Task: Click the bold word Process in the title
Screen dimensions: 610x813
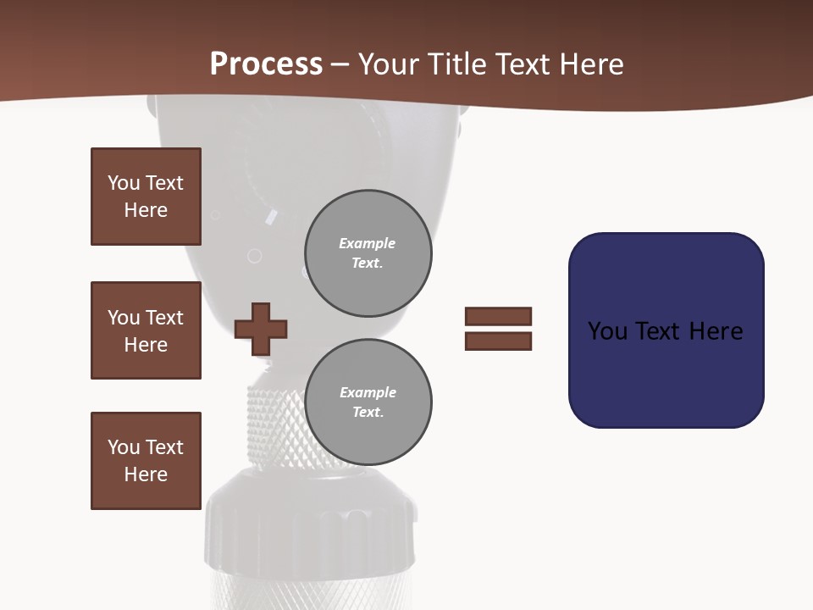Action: click(266, 64)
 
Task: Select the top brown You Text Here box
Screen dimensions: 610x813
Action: click(146, 197)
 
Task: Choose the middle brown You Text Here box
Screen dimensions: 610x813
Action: click(146, 330)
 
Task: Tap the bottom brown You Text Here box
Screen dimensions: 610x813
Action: click(146, 461)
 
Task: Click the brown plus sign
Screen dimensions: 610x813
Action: click(261, 329)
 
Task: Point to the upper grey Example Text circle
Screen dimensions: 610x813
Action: click(368, 253)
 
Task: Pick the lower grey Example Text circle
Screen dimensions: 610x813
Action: click(368, 402)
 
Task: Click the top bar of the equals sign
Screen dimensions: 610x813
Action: click(498, 316)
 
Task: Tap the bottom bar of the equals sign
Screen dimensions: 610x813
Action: click(498, 341)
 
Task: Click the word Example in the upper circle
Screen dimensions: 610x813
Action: click(368, 243)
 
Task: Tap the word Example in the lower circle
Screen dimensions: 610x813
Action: click(368, 392)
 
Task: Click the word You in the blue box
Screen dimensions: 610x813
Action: click(608, 331)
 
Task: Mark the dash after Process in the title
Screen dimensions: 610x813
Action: click(340, 65)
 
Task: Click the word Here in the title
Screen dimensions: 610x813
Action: click(594, 64)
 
